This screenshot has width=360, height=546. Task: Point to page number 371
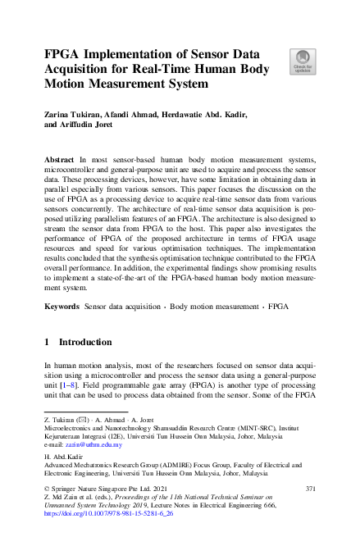(309, 489)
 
